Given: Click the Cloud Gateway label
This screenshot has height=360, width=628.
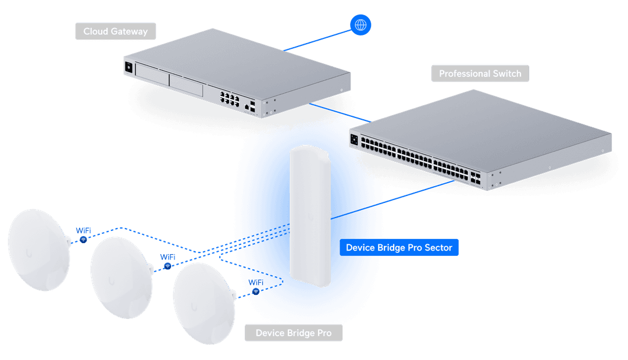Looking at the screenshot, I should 115,31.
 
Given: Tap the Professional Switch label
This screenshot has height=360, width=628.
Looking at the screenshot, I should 480,74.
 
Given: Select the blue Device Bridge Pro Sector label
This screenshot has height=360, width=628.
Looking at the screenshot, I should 399,248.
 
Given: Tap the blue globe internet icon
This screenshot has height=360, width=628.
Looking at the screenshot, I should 361,25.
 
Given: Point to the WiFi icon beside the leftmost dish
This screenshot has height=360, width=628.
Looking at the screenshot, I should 84,240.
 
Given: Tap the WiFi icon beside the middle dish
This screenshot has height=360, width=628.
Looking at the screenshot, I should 168,266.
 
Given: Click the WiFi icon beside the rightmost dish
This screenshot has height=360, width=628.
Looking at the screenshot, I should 255,291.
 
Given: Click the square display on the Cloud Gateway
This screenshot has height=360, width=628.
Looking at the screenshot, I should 129,67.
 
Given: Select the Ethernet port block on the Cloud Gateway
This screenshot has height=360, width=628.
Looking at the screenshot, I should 229,98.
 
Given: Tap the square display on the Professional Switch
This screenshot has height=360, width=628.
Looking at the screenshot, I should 354,140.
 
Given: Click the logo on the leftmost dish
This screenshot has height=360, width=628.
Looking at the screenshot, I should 28,252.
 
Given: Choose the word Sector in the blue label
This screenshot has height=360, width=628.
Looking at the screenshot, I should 438,248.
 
